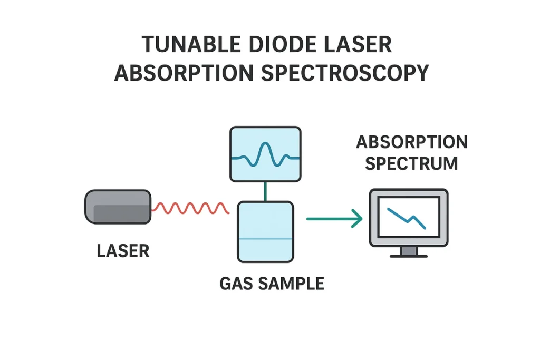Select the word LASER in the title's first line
pos(359,45)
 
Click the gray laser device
pos(118,207)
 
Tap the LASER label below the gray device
pos(123,251)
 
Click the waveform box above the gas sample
pos(265,153)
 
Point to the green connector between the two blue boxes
pos(265,191)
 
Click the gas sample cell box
pos(265,221)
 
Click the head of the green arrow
pos(357,218)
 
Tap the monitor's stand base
pos(409,255)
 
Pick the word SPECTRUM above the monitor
pos(411,163)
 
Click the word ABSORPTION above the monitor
pos(411,142)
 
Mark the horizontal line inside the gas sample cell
pos(265,239)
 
